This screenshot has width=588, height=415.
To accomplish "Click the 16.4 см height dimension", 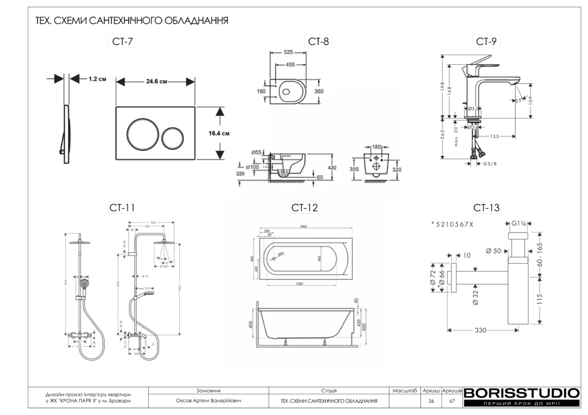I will click(x=219, y=134).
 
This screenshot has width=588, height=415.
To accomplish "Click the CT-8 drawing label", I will click(x=319, y=41).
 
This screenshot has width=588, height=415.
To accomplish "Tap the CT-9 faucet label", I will click(x=486, y=41).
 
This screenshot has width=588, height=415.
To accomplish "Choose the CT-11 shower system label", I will click(x=122, y=207).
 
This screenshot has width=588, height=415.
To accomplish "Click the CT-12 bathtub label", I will click(x=304, y=207).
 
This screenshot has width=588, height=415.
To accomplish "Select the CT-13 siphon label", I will click(x=486, y=207).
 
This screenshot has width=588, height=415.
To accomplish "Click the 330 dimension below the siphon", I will click(x=480, y=331).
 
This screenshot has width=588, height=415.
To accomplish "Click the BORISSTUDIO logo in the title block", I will click(x=521, y=394).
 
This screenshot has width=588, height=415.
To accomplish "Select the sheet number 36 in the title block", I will click(x=431, y=401).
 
